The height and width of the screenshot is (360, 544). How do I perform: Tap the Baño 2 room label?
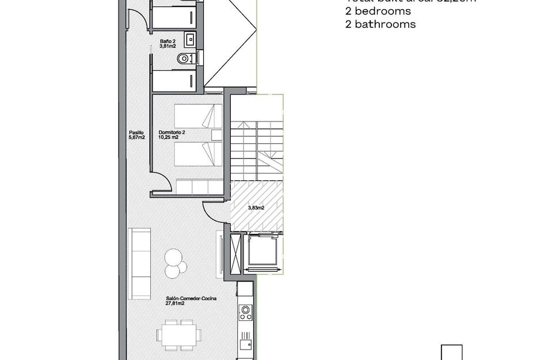point(168,41)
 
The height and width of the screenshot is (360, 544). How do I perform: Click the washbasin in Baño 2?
point(191,39)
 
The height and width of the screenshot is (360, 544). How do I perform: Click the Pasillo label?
point(136,132)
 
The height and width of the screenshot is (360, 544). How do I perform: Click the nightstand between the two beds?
point(216,135)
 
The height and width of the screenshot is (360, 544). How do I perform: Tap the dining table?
point(179,335)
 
